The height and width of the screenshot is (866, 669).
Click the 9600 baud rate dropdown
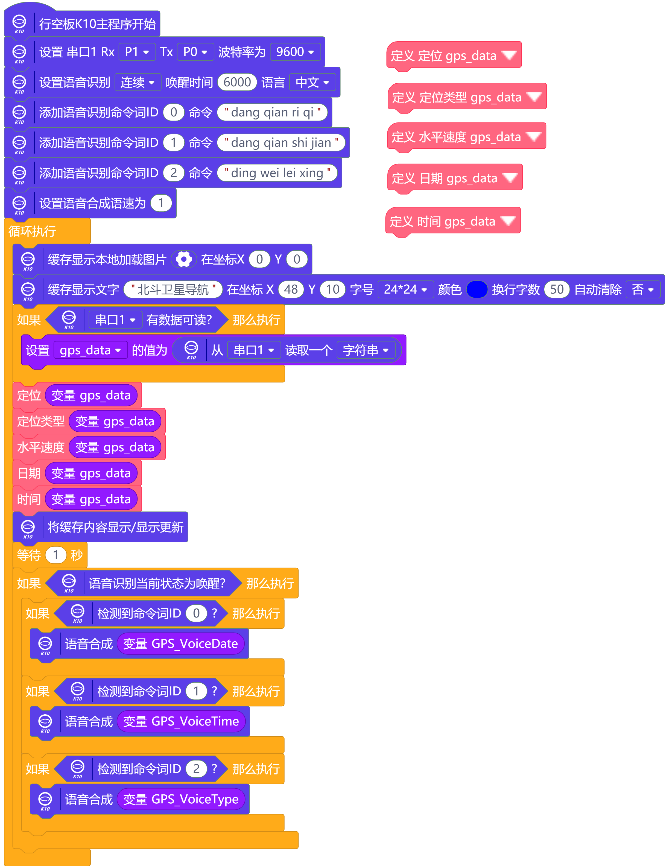[295, 52]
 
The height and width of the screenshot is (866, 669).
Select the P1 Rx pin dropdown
[137, 52]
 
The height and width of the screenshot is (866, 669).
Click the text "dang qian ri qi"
[272, 112]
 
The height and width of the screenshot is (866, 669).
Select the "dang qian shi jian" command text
[281, 142]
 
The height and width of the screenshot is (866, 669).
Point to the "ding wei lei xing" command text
[277, 173]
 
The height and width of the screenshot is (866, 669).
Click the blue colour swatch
[477, 289]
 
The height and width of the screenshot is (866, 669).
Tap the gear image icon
[184, 259]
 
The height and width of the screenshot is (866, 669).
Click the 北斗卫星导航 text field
[173, 289]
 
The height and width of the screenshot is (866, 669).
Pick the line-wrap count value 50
[557, 289]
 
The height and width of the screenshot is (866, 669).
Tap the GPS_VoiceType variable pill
[181, 799]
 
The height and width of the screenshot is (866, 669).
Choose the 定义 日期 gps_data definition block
[454, 179]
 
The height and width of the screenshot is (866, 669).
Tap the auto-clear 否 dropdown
[643, 289]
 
